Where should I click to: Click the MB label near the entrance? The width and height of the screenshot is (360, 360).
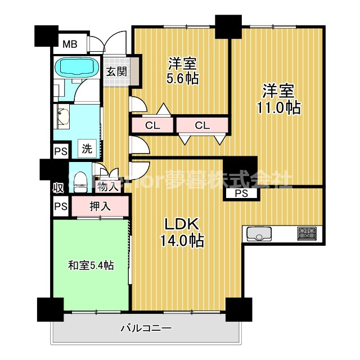tap(70, 44)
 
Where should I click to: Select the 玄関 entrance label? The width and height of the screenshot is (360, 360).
tap(116, 71)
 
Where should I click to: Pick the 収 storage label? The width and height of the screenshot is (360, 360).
tap(58, 187)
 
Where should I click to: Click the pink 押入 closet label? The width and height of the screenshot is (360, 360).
tap(100, 206)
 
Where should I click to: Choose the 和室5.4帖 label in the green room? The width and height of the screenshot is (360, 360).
tap(91, 264)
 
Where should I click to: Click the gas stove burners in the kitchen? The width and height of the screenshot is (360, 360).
tap(307, 232)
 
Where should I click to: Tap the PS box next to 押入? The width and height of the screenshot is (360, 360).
tap(60, 206)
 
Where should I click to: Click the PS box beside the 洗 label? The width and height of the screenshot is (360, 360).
tap(60, 151)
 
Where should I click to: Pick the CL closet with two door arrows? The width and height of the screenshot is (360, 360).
tap(202, 125)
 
